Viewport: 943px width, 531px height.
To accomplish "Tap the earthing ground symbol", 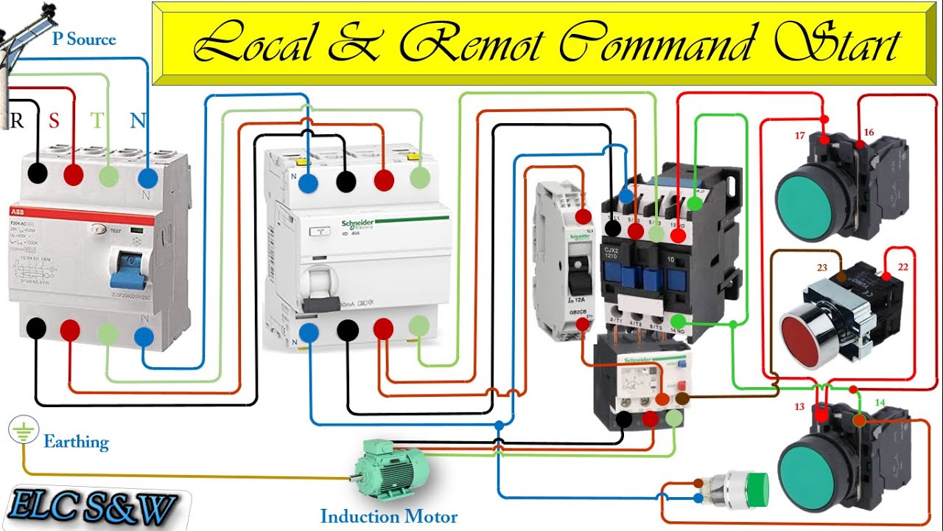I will click(x=23, y=431).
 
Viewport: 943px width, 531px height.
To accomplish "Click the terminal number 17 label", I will click(x=799, y=135).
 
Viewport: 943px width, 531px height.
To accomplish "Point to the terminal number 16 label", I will click(x=869, y=133).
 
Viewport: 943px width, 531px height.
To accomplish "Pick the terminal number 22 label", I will click(x=903, y=267).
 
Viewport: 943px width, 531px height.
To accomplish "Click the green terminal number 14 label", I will click(x=880, y=403).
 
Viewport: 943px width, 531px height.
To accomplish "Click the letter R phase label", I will click(x=16, y=120).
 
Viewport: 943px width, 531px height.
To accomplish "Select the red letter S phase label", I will click(x=54, y=121).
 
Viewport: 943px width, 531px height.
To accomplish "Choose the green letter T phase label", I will click(x=97, y=121).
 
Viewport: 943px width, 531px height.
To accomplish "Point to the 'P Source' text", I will click(x=83, y=39).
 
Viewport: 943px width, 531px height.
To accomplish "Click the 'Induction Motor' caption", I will click(x=388, y=516).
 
